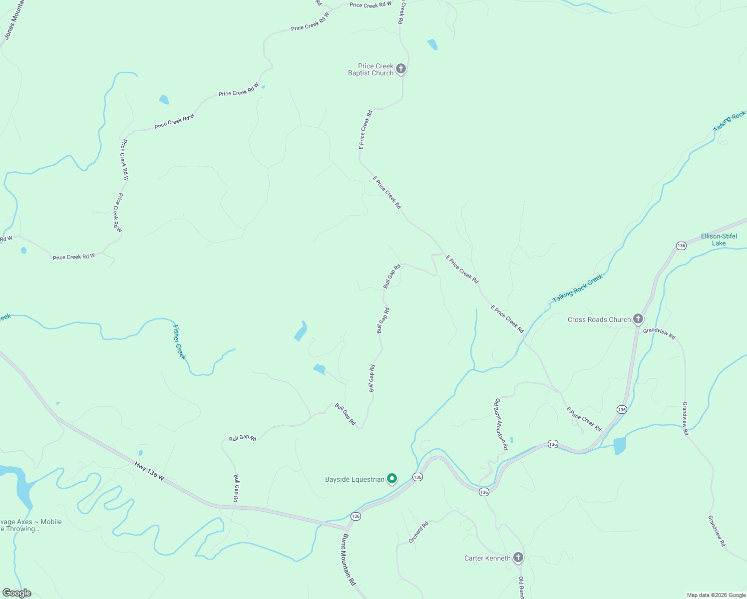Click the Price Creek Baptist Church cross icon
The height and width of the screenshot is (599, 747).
[400, 68]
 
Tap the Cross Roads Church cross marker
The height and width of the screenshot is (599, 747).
[638, 318]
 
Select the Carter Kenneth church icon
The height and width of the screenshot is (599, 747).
[518, 557]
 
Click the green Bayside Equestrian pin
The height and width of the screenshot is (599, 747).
[392, 479]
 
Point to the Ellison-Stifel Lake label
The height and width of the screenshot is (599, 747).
[719, 240]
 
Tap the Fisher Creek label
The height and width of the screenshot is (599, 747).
[179, 342]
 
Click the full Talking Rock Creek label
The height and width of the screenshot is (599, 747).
[578, 288]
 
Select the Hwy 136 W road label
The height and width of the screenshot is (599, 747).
[149, 471]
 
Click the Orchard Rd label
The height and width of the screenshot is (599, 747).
[418, 532]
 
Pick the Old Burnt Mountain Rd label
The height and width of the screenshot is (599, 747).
[501, 424]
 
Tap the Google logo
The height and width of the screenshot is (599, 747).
[16, 593]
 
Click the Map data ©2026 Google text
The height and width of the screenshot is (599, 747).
[716, 595]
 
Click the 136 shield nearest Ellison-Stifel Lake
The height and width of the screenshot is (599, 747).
[681, 246]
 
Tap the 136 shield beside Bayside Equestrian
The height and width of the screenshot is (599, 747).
[417, 477]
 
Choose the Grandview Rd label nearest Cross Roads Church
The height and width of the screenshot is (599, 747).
[659, 334]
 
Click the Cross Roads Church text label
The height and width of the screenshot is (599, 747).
[599, 319]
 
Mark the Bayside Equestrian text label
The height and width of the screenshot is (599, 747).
[355, 479]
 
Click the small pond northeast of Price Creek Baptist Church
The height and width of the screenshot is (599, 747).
[432, 44]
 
